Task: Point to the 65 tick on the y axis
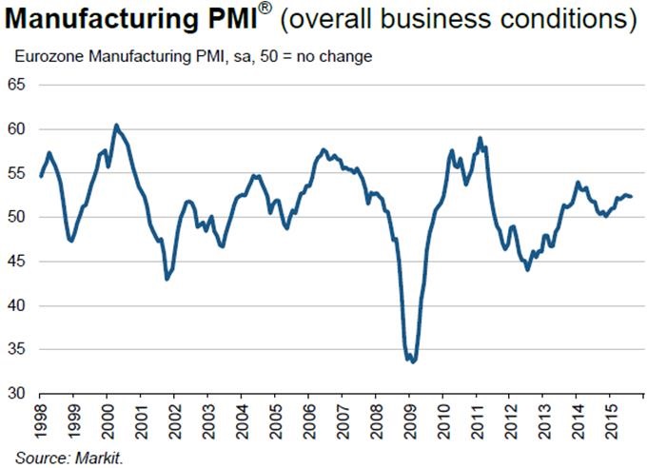[x=18, y=86]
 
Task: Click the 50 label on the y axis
[x=18, y=218]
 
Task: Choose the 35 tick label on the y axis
[x=18, y=350]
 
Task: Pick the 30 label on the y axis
[x=18, y=394]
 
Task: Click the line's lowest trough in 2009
[x=412, y=362]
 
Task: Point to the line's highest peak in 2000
[x=115, y=125]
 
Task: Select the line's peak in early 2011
[x=480, y=138]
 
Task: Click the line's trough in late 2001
[x=167, y=279]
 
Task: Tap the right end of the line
[x=632, y=197]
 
